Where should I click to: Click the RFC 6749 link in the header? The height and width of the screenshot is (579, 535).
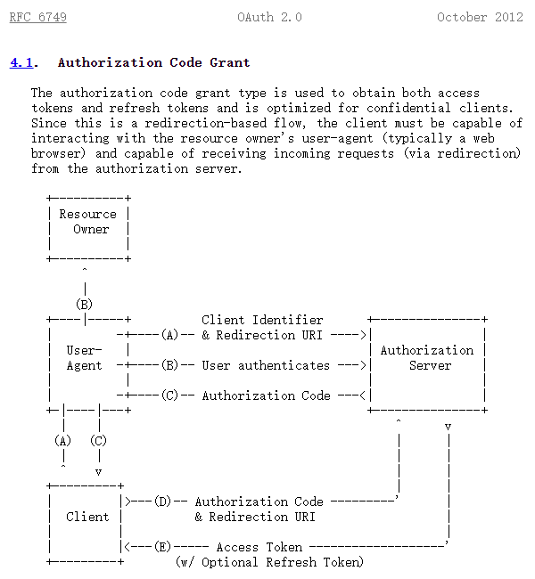tap(37, 17)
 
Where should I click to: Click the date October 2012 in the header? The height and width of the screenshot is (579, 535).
tap(480, 17)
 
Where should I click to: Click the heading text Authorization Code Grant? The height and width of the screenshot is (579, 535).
tap(153, 62)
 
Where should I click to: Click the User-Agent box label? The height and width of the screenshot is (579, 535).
tap(85, 358)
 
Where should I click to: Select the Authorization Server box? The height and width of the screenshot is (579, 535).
tap(427, 358)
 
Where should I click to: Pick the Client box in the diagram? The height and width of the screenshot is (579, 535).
tap(87, 517)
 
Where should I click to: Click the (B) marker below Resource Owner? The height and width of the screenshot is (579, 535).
tap(84, 305)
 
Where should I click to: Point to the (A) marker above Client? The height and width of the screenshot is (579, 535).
tap(62, 441)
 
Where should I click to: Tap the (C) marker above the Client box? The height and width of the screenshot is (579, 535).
tap(99, 441)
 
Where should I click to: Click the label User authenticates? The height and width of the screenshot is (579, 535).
tap(266, 365)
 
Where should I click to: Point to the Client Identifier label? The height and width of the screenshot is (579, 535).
tap(262, 320)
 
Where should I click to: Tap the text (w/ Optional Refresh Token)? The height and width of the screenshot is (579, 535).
tap(269, 562)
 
